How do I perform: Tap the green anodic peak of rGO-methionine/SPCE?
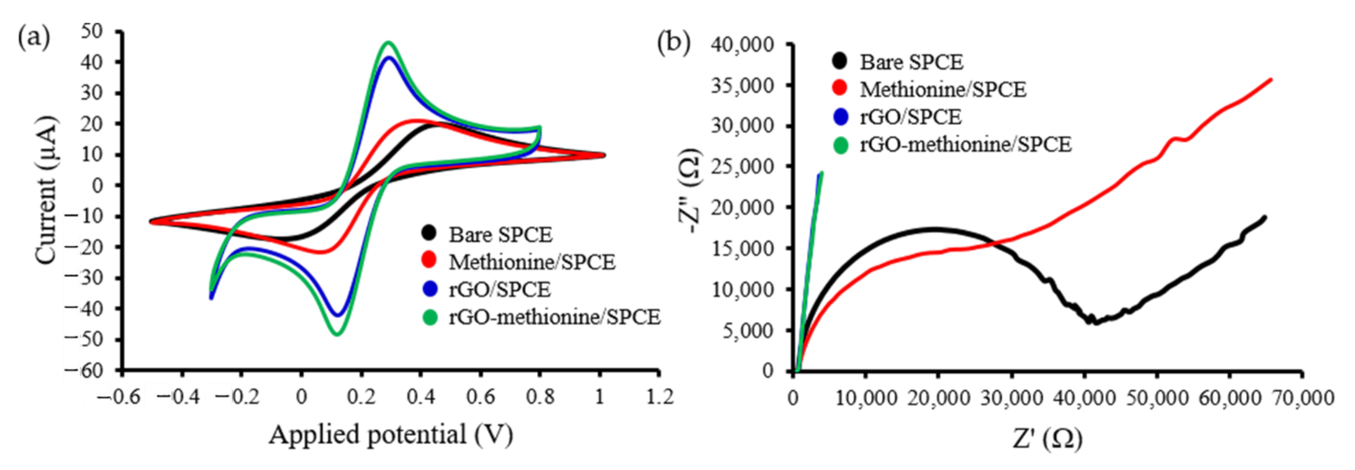(x=388, y=42)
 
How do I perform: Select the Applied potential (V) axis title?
(x=390, y=435)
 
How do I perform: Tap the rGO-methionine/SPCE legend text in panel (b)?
(x=965, y=144)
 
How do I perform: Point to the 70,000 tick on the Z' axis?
(x=1301, y=397)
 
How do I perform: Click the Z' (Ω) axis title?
(x=1047, y=439)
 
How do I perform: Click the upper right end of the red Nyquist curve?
(x=1271, y=79)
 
